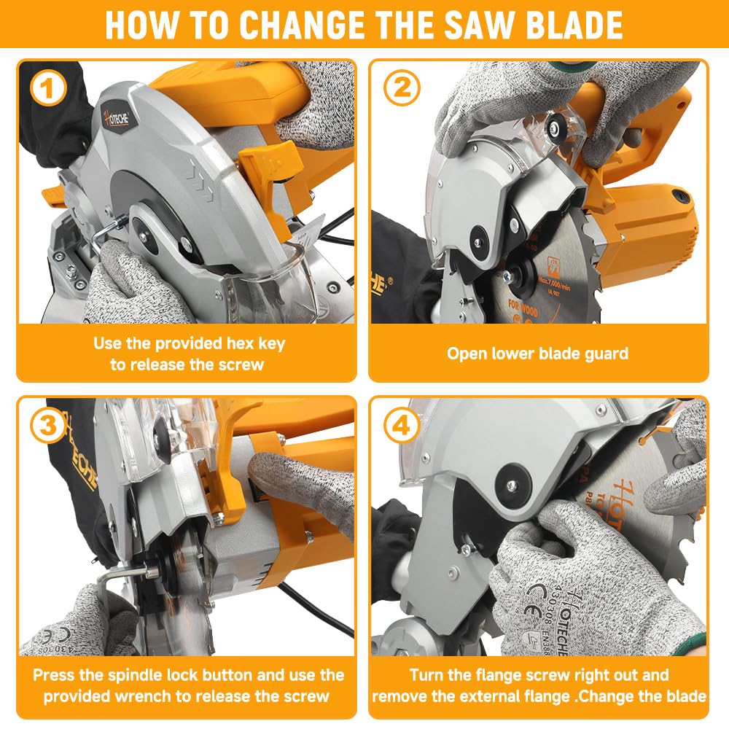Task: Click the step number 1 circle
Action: (x=49, y=90)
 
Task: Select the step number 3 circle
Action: (x=49, y=427)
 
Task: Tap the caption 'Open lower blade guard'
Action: (x=537, y=354)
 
